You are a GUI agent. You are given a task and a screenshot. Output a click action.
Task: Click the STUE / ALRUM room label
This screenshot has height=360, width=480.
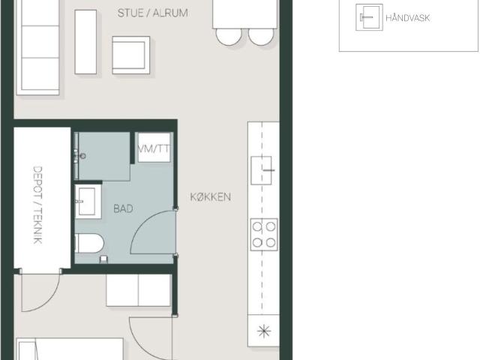(153, 13)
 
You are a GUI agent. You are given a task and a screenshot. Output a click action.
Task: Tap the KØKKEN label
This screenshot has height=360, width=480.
(211, 196)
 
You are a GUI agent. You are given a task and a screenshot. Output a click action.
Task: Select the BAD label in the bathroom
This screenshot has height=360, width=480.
(123, 208)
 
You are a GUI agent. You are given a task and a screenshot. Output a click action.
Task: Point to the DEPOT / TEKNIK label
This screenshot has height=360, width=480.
(37, 205)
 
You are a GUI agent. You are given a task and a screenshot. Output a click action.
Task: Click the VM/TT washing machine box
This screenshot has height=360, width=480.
(154, 148)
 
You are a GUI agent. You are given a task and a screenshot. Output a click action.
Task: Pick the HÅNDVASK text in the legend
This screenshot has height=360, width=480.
(408, 18)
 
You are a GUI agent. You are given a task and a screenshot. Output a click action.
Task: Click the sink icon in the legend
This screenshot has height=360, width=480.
(369, 17)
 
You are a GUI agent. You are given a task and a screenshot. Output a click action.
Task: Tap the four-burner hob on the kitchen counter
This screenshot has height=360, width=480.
(264, 235)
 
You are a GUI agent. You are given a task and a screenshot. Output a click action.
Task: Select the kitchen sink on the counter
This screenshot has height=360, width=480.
(262, 170)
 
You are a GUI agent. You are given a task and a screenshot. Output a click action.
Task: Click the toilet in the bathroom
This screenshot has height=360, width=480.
(89, 243)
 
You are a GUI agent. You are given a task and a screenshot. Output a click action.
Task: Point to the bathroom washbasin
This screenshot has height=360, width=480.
(88, 202)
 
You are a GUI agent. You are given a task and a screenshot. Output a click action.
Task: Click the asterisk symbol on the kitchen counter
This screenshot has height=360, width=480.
(264, 331)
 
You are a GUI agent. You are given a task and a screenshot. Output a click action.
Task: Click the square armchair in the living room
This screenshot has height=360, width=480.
(131, 55)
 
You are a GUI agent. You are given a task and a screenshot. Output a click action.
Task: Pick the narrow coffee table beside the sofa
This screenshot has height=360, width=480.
(85, 42)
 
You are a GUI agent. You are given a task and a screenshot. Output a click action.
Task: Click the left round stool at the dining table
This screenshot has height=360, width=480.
(229, 37)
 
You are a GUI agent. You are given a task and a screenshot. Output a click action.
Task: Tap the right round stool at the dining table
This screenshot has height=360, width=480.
(261, 37)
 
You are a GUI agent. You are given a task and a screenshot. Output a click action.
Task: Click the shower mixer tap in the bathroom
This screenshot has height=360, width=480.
(79, 156)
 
